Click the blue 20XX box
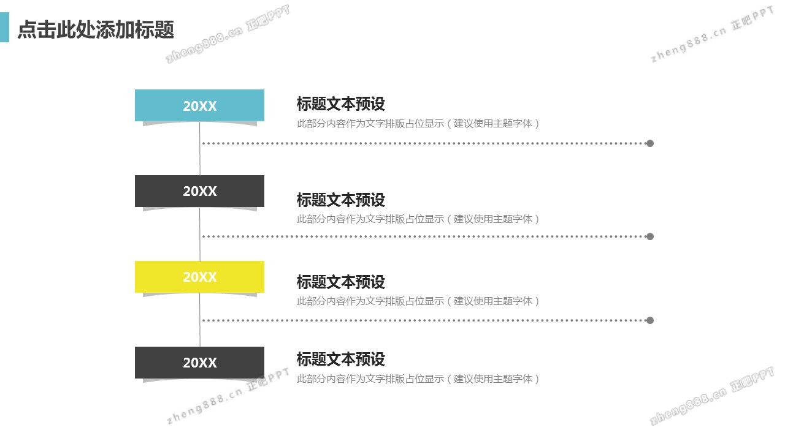[199, 105]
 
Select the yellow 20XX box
[199, 277]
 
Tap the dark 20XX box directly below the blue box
[199, 191]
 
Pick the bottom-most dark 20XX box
[199, 363]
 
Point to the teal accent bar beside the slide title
[4, 28]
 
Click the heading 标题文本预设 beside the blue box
[340, 104]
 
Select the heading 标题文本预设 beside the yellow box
[340, 282]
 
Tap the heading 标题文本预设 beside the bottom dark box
[340, 359]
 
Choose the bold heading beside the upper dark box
[340, 200]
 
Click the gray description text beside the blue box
[418, 123]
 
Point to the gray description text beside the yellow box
[418, 301]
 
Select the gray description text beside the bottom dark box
[418, 379]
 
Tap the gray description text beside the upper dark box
[418, 219]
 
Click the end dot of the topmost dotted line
[650, 143]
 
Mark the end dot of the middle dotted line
[650, 236]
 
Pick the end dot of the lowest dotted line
[650, 320]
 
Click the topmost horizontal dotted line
[423, 143]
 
